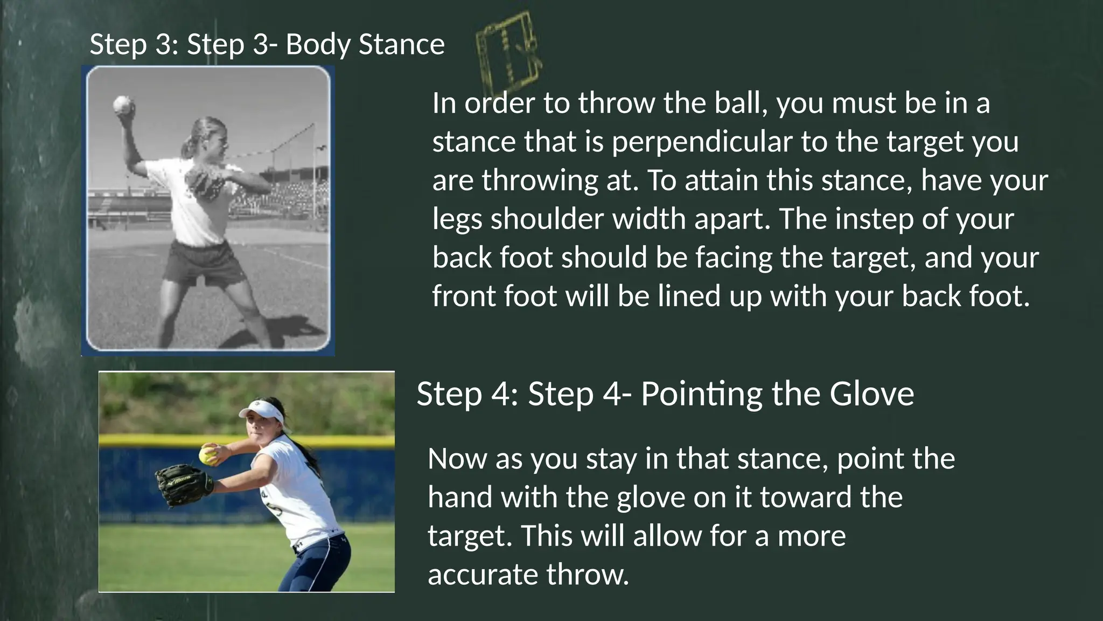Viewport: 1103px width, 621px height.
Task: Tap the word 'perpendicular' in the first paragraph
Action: (702, 142)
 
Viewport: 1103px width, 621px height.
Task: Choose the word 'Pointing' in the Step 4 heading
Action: (702, 394)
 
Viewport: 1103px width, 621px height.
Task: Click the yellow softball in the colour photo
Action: (208, 455)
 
